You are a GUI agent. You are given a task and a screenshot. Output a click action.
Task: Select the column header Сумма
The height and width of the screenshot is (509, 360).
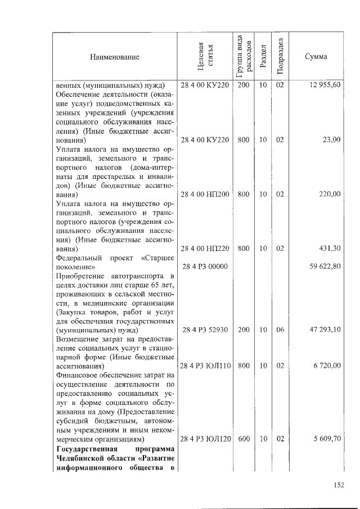point(316,57)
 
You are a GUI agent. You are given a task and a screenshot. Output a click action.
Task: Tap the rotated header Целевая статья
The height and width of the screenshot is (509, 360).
point(205,57)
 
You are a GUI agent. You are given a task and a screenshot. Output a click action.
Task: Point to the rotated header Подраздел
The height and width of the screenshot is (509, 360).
point(280,57)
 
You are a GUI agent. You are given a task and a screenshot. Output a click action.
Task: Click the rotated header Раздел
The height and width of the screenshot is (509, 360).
point(263,57)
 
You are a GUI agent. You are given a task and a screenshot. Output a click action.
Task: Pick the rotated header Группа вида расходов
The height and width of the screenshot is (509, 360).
point(243,57)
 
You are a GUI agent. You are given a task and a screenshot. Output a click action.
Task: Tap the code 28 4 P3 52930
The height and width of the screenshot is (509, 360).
point(204,330)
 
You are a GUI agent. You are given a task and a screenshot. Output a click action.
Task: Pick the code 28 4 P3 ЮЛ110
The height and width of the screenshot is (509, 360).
point(206,366)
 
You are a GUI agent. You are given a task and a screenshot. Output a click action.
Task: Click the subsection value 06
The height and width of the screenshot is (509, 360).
point(280,330)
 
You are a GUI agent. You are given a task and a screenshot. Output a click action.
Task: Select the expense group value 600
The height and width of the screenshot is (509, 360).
point(244,438)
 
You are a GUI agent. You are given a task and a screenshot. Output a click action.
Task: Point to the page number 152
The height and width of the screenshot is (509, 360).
point(337,485)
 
